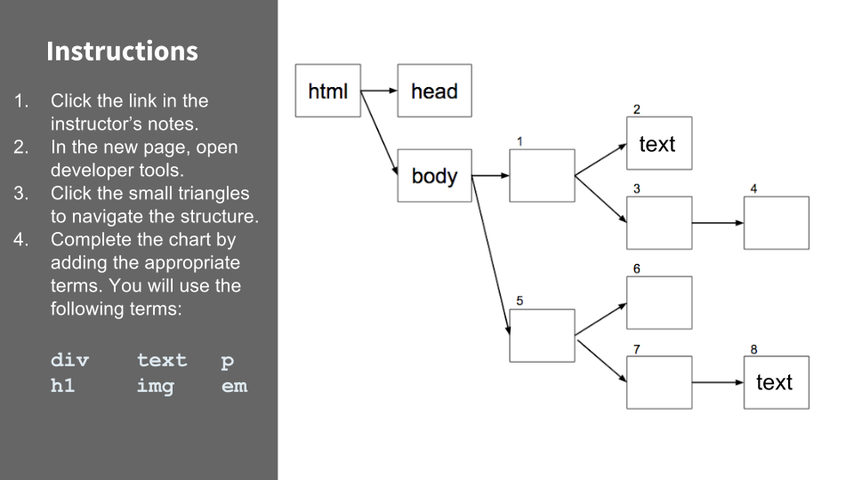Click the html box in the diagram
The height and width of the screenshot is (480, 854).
(327, 91)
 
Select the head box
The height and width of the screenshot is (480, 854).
(434, 91)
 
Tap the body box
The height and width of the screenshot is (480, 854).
(434, 176)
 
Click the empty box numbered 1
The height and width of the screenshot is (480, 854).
(542, 175)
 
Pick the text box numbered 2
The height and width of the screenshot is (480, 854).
(658, 143)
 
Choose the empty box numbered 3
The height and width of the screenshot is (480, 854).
(658, 222)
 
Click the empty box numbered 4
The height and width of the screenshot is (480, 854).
(776, 222)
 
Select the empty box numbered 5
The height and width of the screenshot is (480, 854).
(542, 335)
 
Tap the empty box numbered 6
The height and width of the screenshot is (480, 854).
(658, 302)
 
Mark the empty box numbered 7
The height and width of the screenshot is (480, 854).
(658, 382)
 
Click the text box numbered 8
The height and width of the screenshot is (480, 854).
(776, 382)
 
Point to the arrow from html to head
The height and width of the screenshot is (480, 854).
(379, 91)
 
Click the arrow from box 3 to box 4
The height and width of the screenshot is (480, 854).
(717, 222)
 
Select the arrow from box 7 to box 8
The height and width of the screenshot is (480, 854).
(717, 382)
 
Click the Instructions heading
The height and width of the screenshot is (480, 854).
(122, 51)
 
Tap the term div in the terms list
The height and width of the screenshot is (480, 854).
(70, 360)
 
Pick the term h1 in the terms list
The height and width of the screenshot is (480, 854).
(63, 387)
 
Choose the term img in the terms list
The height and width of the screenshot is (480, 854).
(156, 387)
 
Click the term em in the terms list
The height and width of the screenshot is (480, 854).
(234, 387)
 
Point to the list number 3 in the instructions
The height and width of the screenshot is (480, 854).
(22, 193)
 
